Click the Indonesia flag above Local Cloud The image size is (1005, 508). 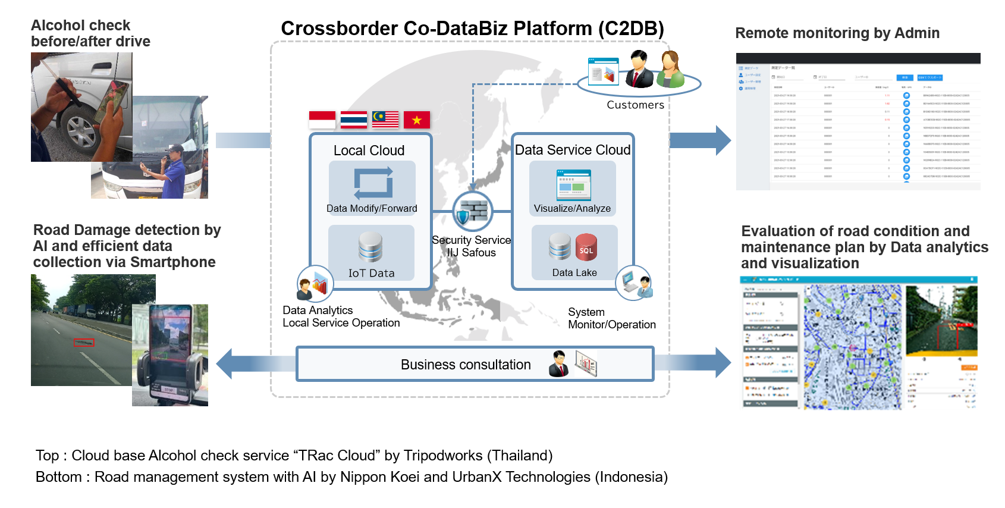[x=322, y=120]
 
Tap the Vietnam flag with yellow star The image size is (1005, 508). [x=416, y=120]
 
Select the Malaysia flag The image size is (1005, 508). [x=385, y=120]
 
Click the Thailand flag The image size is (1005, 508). [x=354, y=120]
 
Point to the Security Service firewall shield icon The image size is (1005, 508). [x=472, y=211]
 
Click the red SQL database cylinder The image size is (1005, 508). [x=586, y=247]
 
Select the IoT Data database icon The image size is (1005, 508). [x=370, y=247]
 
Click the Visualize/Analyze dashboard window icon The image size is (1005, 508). [x=573, y=185]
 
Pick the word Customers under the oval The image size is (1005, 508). [x=635, y=105]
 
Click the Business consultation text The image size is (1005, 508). [x=465, y=365]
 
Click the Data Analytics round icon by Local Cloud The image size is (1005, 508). [x=315, y=283]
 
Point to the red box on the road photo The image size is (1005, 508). [x=84, y=343]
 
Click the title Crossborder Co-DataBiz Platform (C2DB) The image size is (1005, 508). [x=472, y=28]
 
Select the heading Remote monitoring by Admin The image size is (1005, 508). [x=837, y=33]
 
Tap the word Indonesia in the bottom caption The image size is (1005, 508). [x=633, y=477]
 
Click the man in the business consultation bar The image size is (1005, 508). [x=558, y=364]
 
